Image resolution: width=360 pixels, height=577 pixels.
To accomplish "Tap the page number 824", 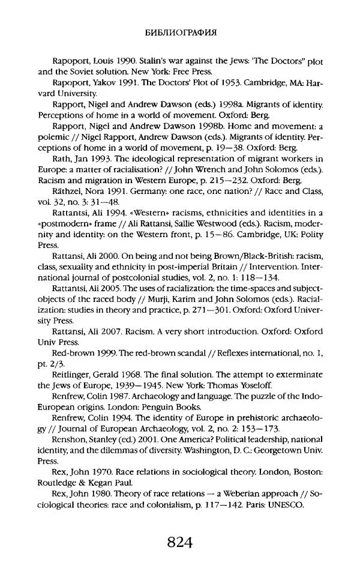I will point(179,543).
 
